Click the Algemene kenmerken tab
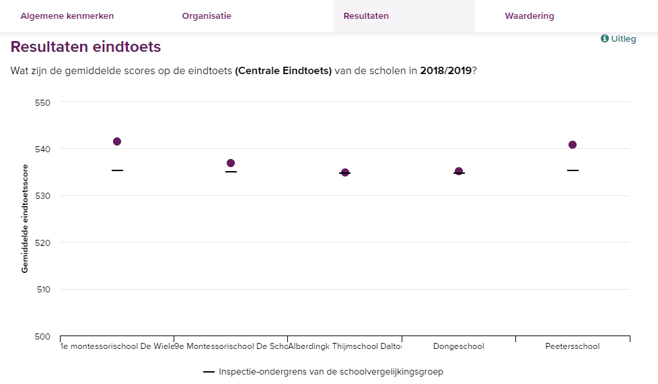coord(67,16)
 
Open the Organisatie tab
coord(207,16)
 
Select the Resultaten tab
coord(366,16)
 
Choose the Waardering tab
coord(529,16)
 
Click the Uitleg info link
coord(618,39)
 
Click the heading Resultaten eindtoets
coord(86,47)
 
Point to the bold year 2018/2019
coord(445,71)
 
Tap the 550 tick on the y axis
coord(43,102)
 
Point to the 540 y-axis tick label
coord(43,149)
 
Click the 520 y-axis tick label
coord(43,243)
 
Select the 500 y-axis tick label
coord(43,336)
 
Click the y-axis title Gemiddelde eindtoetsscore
coord(25,218)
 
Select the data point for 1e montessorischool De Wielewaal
coord(117,141)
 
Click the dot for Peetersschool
coord(573,145)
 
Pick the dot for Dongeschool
coord(459,171)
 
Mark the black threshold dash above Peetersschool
coord(573,170)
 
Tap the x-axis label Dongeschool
coord(458,347)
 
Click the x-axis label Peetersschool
coord(573,347)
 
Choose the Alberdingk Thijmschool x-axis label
coord(344,347)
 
